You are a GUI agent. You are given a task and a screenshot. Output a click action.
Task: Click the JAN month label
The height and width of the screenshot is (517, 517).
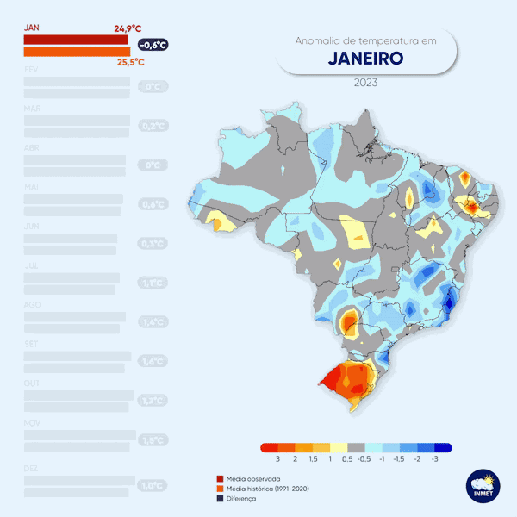[x=32, y=28]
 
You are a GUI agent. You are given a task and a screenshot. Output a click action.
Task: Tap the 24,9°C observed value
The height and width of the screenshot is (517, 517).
[x=128, y=28]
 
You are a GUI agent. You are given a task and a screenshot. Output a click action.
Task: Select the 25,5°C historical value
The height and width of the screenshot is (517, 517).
[x=130, y=62]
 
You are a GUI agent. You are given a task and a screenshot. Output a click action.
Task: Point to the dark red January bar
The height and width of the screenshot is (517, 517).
[x=76, y=40]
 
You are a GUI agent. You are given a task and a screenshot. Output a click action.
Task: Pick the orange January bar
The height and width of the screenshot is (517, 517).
[x=78, y=51]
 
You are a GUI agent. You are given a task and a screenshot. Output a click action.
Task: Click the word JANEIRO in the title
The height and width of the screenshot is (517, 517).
[x=366, y=59]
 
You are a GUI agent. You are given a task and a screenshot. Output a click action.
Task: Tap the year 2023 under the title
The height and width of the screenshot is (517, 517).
[x=366, y=84]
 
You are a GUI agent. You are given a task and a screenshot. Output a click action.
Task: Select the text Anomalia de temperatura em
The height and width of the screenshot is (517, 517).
[x=366, y=40]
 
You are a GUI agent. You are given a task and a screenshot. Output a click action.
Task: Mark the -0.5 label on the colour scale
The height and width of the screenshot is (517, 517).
[x=364, y=460]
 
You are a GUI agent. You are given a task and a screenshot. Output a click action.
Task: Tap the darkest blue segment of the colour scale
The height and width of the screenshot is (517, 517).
[x=443, y=448]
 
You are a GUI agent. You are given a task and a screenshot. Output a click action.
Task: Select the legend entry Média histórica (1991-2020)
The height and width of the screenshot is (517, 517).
[x=267, y=489]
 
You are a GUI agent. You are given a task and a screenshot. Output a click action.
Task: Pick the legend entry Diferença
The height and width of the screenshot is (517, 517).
[x=245, y=499]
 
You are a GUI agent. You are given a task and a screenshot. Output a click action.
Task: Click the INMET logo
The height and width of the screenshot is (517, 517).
[x=479, y=485]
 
